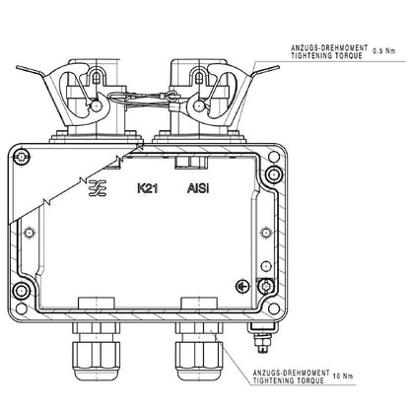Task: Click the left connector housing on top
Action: point(84,94)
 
